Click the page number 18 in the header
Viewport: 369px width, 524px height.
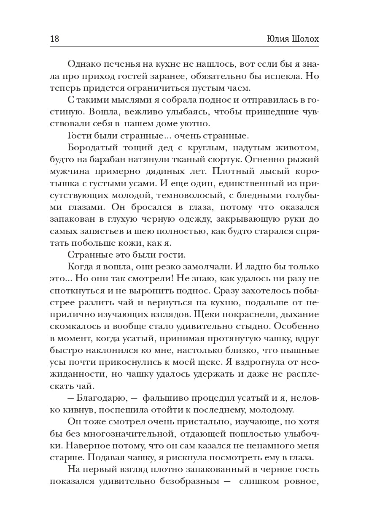(x=54, y=39)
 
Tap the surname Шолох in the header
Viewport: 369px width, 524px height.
(x=304, y=39)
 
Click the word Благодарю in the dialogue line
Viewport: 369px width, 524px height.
(x=102, y=398)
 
